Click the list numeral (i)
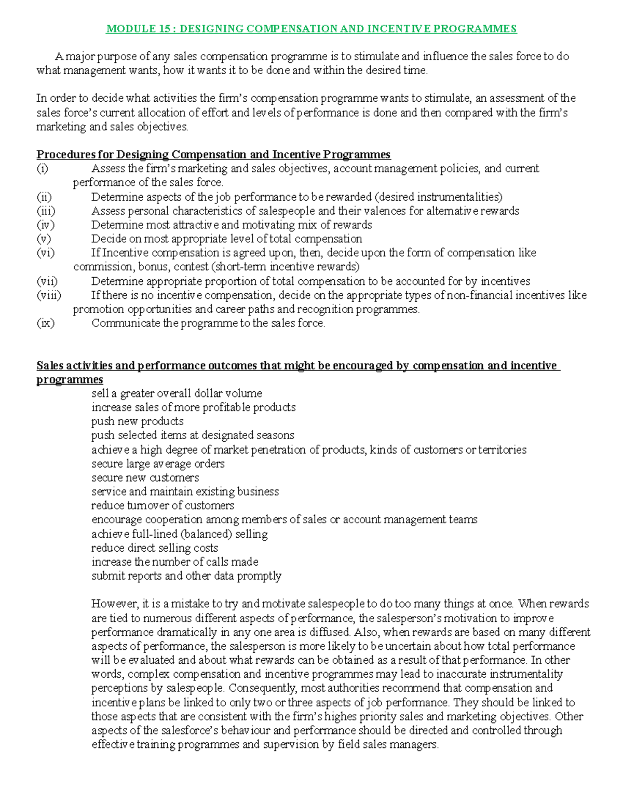(x=41, y=169)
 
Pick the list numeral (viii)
(x=49, y=295)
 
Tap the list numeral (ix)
(x=45, y=323)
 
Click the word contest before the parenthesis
(x=192, y=267)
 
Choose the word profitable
(x=226, y=407)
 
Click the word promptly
(x=259, y=576)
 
